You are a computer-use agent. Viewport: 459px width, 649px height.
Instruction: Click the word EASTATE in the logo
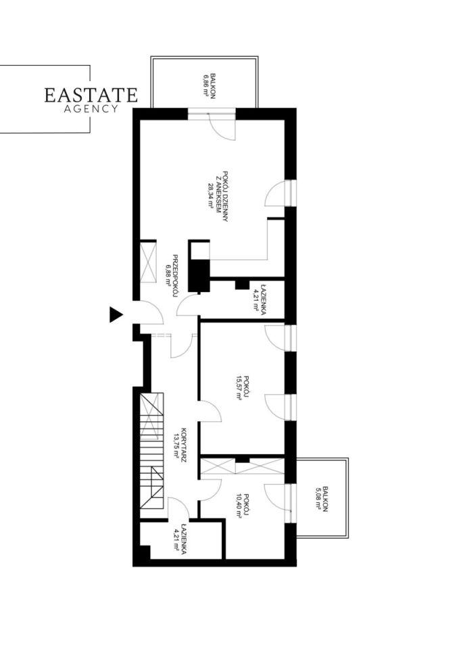point(91,95)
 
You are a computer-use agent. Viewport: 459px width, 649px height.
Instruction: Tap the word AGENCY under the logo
point(91,109)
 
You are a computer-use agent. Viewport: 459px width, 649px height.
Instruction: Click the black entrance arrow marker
point(116,314)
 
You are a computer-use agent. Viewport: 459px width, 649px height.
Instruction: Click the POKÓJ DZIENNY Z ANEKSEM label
point(218,197)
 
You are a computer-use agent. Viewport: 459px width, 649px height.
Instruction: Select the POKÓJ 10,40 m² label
point(242,505)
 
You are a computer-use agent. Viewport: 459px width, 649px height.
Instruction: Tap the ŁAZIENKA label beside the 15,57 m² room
point(259,299)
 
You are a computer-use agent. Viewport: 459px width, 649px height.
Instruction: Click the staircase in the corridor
point(151,451)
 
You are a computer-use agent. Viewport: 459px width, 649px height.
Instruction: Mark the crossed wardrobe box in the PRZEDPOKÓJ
point(148,262)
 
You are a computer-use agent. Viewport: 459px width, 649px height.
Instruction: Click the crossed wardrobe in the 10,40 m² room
point(242,466)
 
